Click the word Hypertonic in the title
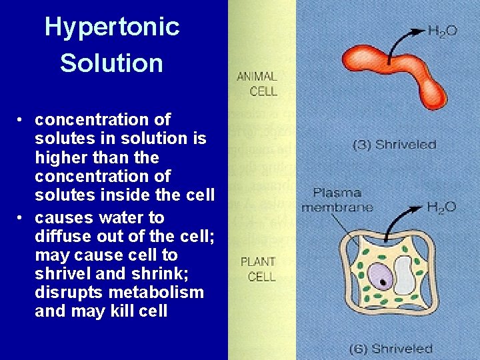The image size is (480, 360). point(111,27)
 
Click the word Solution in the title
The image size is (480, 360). point(111,63)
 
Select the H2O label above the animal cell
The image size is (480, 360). point(442,31)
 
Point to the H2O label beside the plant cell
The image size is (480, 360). point(441,207)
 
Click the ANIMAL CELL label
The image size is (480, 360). point(257,84)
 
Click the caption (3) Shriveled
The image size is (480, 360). point(394,144)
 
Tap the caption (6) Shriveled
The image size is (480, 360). point(391,349)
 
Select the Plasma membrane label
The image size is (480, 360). point(337,200)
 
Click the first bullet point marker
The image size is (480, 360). point(22,120)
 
